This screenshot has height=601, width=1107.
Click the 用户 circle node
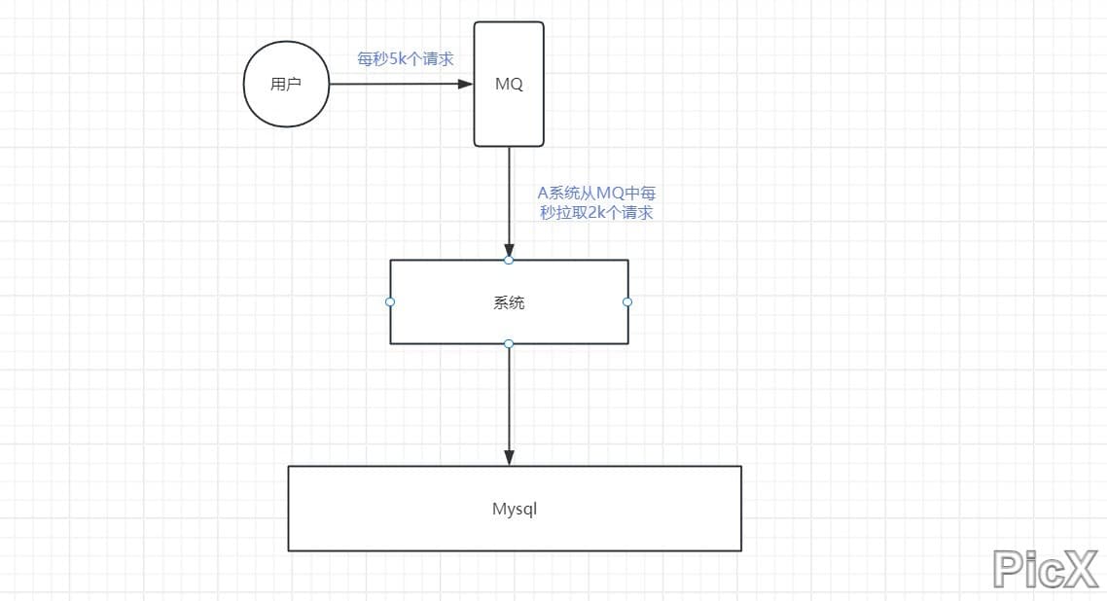point(286,84)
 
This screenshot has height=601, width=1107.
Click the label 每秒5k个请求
point(406,59)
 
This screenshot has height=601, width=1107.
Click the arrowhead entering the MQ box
point(466,84)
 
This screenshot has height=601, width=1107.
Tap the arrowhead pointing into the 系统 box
point(509,250)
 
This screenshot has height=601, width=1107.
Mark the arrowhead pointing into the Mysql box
point(509,458)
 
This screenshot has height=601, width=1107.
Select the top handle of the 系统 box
point(509,261)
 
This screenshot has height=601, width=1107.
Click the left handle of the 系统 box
point(390,301)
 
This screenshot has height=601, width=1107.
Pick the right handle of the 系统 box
point(627,301)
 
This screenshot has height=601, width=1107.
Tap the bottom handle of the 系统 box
point(509,343)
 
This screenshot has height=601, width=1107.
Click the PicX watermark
point(1045,568)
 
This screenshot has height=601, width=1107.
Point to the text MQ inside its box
point(509,84)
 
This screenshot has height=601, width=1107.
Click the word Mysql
point(515,509)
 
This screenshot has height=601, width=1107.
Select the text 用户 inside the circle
point(286,84)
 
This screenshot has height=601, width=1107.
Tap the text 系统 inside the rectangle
point(509,302)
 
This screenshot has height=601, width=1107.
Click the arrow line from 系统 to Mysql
point(509,399)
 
